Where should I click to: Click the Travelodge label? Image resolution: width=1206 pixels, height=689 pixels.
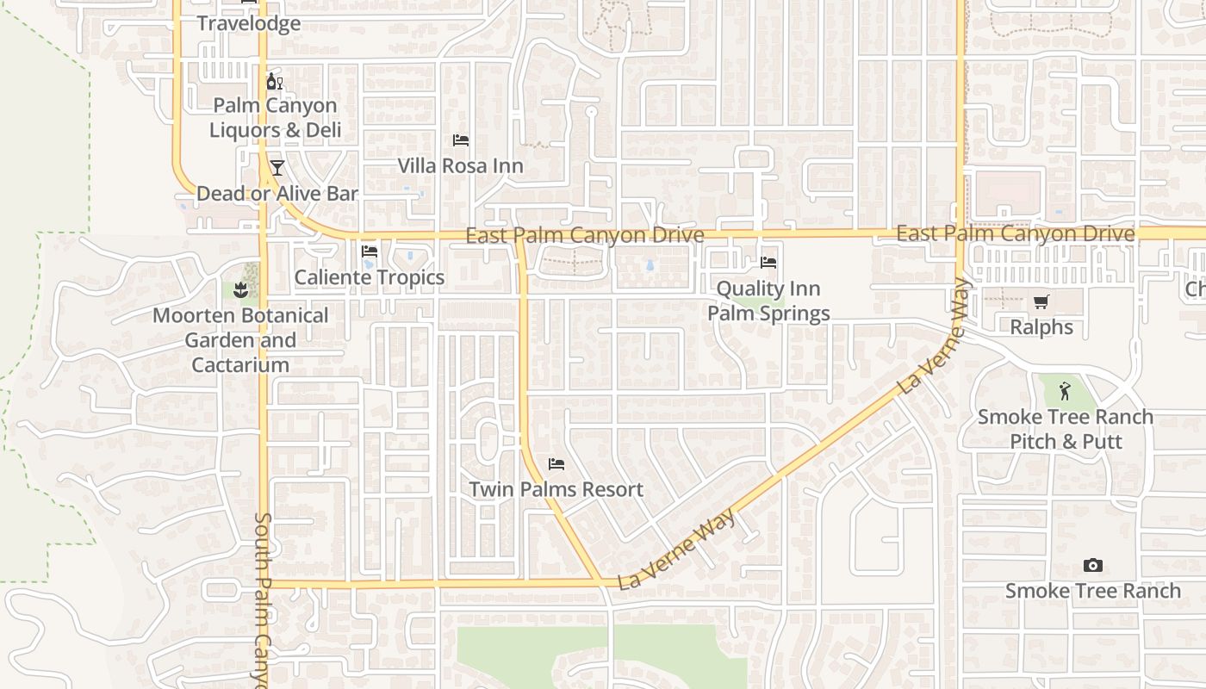coord(249,23)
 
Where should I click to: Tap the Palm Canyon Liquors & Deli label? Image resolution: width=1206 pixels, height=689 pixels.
coord(275,118)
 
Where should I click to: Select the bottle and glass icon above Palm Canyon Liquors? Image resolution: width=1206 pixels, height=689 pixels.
coord(275,82)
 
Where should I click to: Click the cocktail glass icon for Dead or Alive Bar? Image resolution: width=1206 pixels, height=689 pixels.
coord(277,167)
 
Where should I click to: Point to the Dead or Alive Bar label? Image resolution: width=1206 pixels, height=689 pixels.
coord(277,193)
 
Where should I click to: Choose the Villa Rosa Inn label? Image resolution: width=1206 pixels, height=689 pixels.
coord(460,165)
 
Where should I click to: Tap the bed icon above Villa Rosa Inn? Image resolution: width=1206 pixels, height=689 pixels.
coord(461,140)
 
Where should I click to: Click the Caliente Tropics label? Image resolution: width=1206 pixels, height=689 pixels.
coord(370,277)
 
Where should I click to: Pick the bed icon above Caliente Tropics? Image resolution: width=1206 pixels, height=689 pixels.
coord(370,251)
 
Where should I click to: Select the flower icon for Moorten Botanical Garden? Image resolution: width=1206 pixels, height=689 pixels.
coord(241,289)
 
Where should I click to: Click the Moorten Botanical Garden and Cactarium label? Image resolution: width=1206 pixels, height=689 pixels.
coord(240,340)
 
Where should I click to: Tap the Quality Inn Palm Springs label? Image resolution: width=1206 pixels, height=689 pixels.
coord(768,301)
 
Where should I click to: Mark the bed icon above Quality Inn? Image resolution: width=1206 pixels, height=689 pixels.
coord(768,262)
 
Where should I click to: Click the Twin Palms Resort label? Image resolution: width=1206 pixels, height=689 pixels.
coord(556,489)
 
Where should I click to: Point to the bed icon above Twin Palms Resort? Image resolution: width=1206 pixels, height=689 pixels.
coord(556,464)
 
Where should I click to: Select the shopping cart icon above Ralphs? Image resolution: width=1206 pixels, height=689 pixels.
coord(1041,301)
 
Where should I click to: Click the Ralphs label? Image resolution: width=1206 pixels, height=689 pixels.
coord(1041,327)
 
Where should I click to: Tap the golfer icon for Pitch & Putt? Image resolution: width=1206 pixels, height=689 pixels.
coord(1066,391)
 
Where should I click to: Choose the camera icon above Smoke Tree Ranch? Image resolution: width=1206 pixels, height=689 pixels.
coord(1092,565)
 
